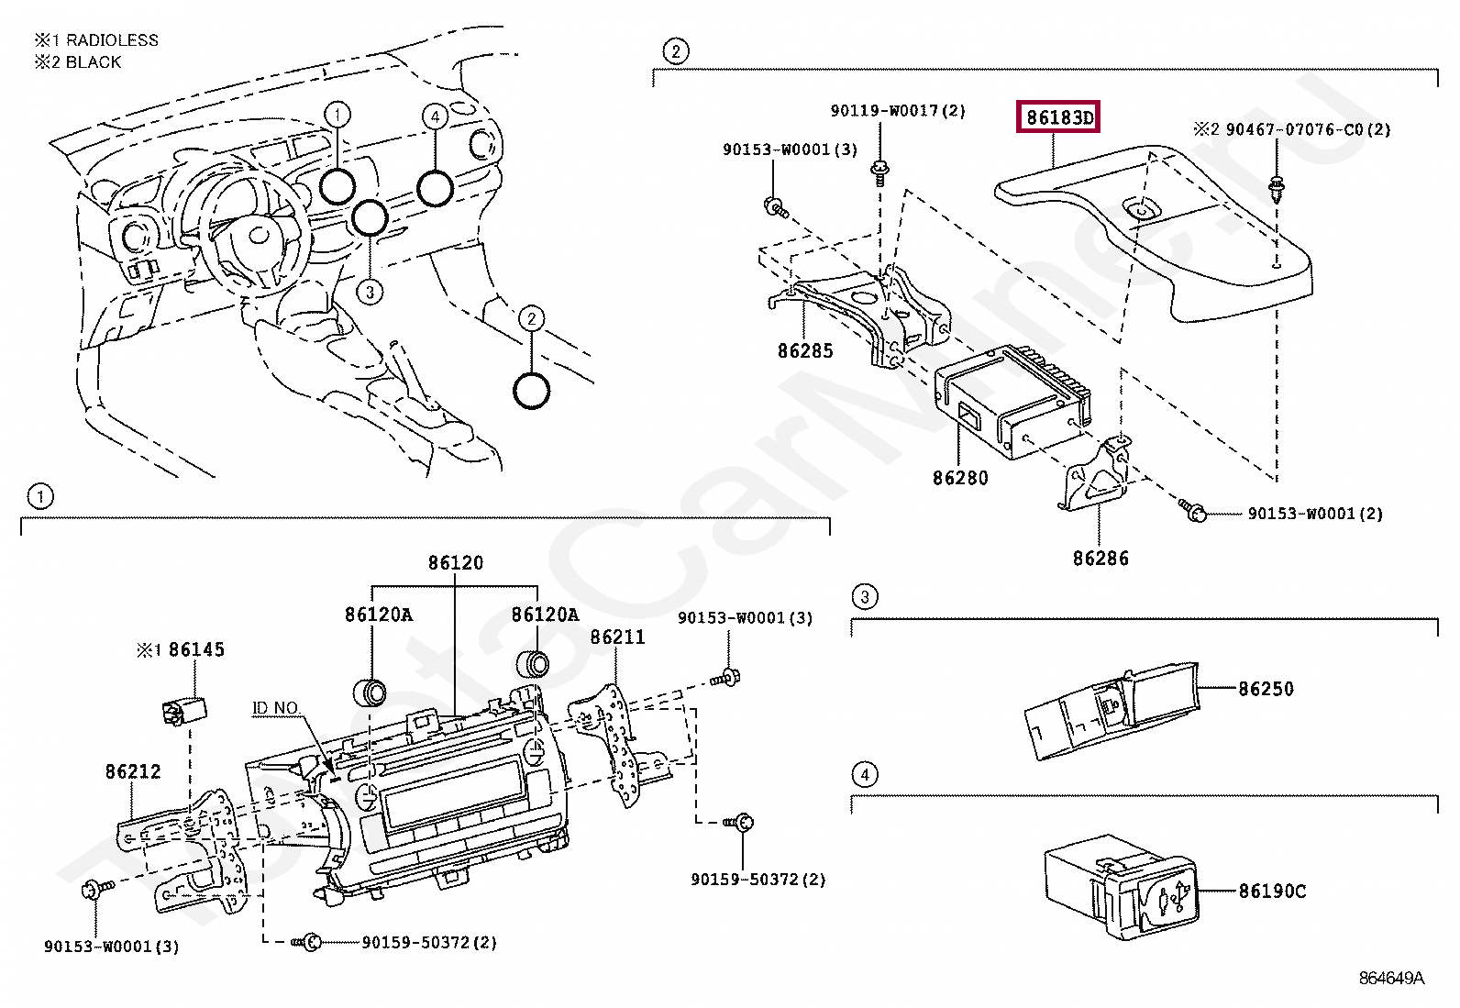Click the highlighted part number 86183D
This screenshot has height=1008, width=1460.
tap(1057, 117)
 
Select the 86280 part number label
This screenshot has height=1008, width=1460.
tap(960, 478)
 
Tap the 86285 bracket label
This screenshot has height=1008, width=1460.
tap(805, 350)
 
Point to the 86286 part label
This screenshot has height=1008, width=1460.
tap(1101, 559)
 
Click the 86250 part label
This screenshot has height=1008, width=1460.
tap(1266, 689)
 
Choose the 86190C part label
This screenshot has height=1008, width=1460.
tap(1272, 891)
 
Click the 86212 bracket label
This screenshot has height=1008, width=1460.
tap(133, 771)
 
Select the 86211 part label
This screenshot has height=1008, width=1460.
tap(617, 637)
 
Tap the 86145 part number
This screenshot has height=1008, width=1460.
tap(196, 649)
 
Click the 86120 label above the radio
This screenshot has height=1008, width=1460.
tap(456, 562)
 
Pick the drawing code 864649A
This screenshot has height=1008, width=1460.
tap(1391, 978)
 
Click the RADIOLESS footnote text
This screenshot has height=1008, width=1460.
tap(112, 40)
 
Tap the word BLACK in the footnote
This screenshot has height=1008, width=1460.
tap(94, 62)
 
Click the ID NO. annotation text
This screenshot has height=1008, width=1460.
tap(275, 708)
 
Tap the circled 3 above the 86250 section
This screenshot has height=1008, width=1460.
tap(864, 596)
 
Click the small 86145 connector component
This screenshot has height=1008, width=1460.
tap(183, 709)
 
